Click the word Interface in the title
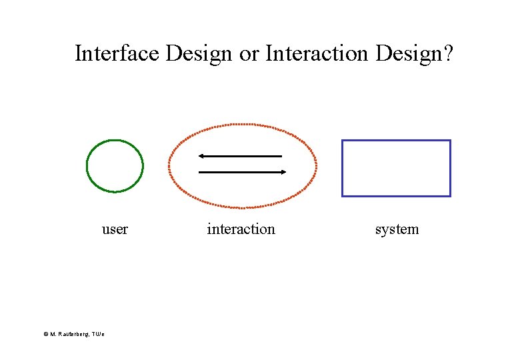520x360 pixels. pos(117,53)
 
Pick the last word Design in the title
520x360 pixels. pos(407,53)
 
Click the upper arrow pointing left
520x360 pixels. pos(240,156)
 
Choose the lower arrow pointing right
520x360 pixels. pos(240,172)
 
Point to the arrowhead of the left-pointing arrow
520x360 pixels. pos(201,156)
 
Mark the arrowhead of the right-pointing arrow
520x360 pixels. pos(283,172)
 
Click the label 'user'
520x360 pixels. pos(115,229)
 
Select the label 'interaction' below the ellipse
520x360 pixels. pos(241,229)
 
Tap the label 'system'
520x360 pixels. pos(397,229)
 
